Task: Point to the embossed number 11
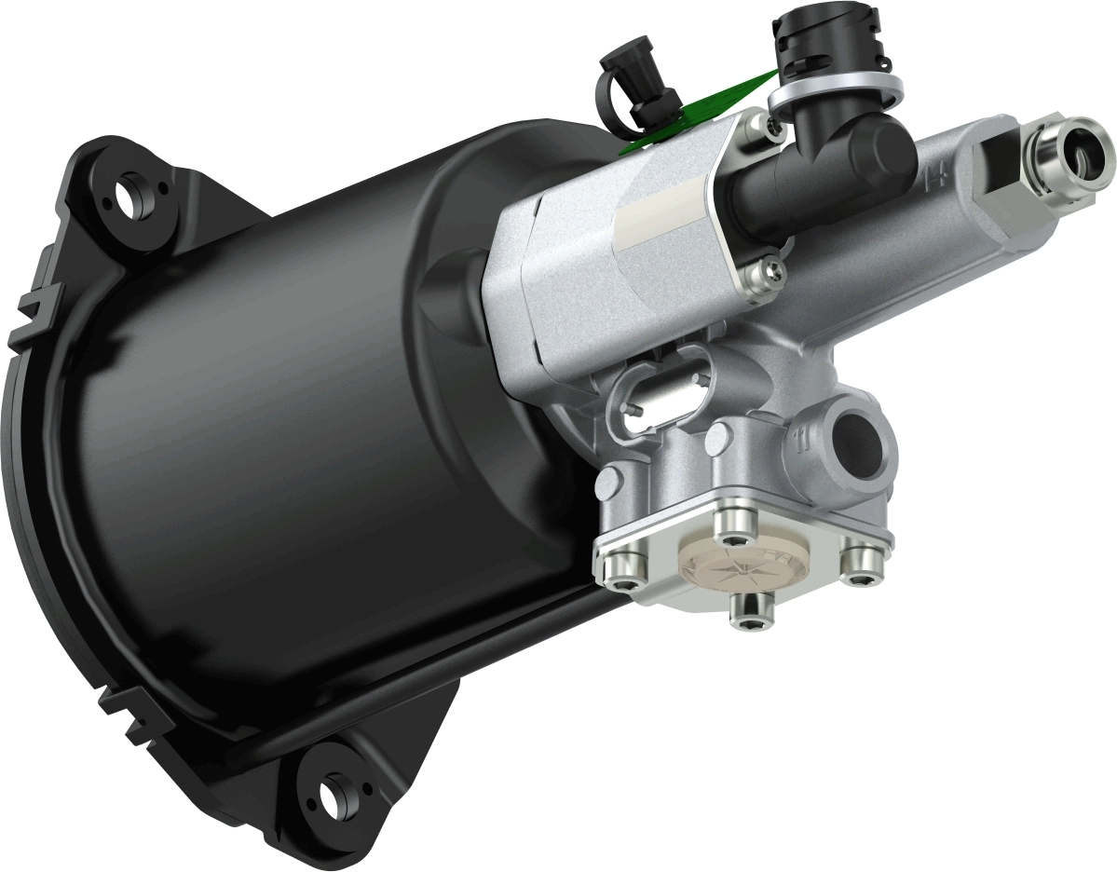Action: click(798, 438)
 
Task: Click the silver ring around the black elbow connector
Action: click(835, 91)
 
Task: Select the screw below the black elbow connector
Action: click(771, 271)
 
